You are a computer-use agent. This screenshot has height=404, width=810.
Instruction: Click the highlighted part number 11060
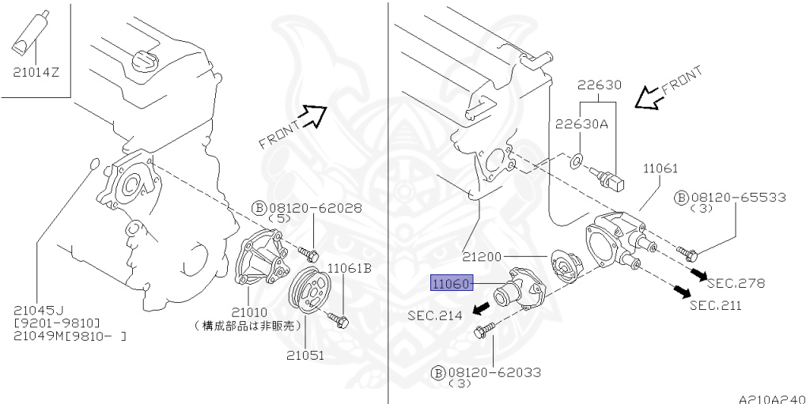pos(449,283)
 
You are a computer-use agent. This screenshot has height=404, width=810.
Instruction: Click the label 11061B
pos(350,269)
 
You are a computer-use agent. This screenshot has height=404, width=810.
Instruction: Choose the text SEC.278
pos(736,282)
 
